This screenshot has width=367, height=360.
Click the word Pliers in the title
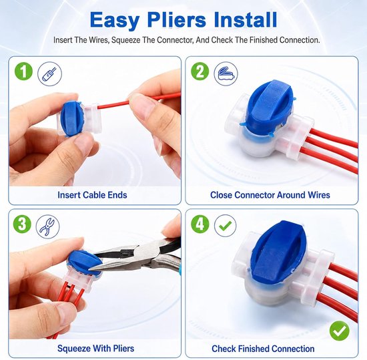[x=177, y=21]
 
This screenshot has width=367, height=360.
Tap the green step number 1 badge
[x=23, y=71]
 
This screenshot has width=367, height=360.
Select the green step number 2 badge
[x=200, y=71]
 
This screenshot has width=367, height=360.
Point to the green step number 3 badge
[x=22, y=224]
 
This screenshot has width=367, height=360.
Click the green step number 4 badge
[x=200, y=224]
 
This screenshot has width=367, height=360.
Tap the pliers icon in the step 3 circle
[x=47, y=226]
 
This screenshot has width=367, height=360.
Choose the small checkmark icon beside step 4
[x=225, y=226]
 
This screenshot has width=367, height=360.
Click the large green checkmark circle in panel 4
[x=340, y=331]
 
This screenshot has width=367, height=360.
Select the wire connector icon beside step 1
[x=49, y=73]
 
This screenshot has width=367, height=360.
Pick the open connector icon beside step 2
[x=226, y=73]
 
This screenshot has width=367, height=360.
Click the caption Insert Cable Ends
[x=92, y=195]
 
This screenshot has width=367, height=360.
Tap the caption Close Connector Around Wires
[x=270, y=195]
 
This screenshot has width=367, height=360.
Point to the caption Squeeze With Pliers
[x=95, y=348]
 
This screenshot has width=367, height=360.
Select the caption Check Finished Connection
[x=263, y=349]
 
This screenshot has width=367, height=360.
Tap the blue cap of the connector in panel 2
[x=269, y=106]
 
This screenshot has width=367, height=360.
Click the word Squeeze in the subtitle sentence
[x=125, y=40]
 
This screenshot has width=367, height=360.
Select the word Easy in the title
[x=115, y=21]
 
